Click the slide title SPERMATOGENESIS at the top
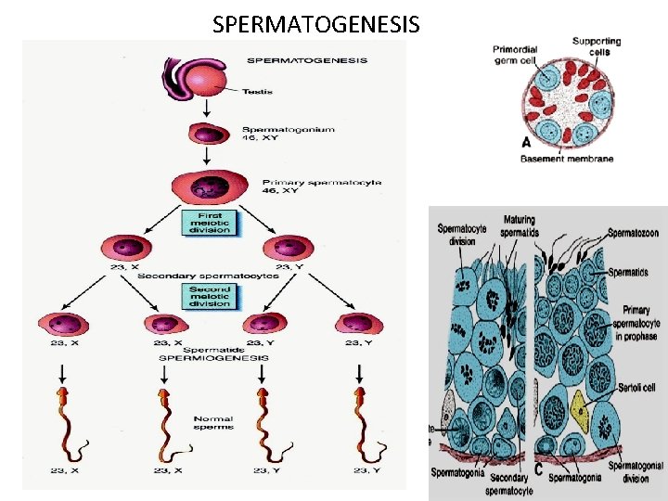pyautogui.click(x=315, y=24)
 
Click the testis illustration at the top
pyautogui.click(x=194, y=83)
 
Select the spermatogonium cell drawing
pyautogui.click(x=210, y=134)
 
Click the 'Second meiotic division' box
pyautogui.click(x=210, y=296)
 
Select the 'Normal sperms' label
pyautogui.click(x=214, y=422)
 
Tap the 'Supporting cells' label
pyautogui.click(x=597, y=46)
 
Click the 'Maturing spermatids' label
pyautogui.click(x=520, y=225)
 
